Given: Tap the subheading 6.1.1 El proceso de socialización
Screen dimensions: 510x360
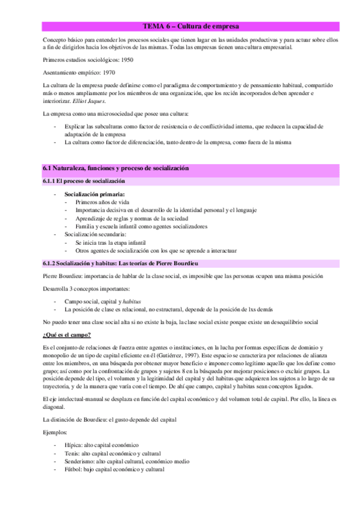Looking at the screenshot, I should tap(84, 181).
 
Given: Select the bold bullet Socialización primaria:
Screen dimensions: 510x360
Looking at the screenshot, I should tap(94, 194).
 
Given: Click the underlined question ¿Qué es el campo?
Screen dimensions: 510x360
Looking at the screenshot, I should tap(67, 334).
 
